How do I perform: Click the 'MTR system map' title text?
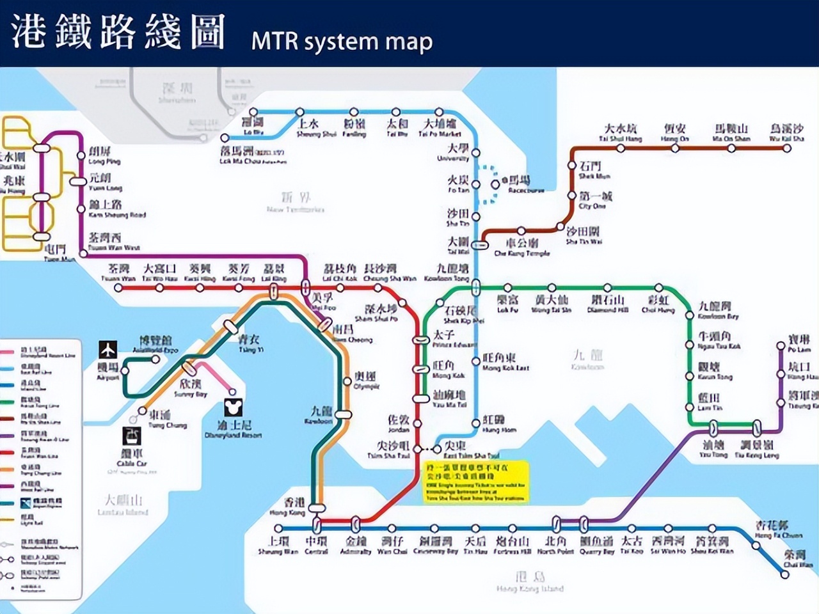coord(342,41)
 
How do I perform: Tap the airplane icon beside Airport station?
coord(108,350)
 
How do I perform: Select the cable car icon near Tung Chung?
coord(132,436)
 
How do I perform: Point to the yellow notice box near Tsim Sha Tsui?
coord(476,482)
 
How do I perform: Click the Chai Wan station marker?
coord(786,574)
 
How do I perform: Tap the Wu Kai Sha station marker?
coord(787,148)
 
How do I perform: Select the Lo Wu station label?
coord(252,125)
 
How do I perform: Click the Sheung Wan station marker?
coord(278,528)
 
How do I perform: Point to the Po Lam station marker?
coord(781,346)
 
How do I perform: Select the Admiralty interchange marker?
coord(356,525)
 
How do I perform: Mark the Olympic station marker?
coord(347,382)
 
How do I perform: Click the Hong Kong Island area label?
coord(530,583)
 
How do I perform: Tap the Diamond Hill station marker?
coord(605,288)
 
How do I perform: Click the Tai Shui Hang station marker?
coord(620,148)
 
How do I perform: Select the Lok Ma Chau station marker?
coord(225,138)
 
